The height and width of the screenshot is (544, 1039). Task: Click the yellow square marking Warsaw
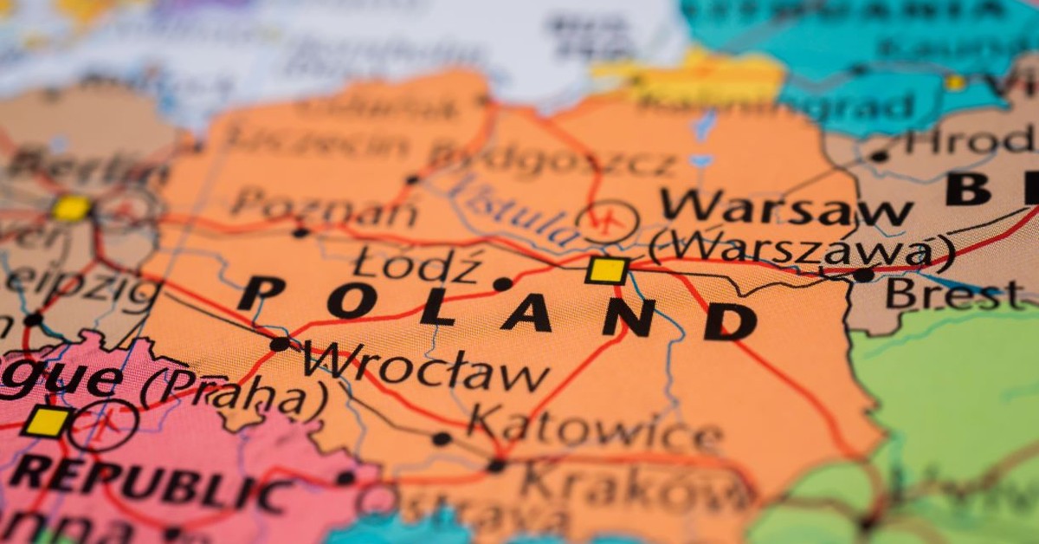(607, 270)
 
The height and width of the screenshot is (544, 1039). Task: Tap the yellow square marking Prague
(46, 422)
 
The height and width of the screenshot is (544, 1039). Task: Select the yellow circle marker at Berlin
(71, 208)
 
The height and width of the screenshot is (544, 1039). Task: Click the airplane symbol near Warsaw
(609, 222)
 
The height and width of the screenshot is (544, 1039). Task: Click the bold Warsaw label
(785, 207)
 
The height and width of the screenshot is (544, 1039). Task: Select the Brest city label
(952, 294)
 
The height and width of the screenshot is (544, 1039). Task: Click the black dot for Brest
(862, 275)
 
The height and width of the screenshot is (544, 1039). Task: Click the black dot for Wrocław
(280, 344)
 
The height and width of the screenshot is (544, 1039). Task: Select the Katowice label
(595, 430)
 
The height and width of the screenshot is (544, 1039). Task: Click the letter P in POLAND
(261, 293)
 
